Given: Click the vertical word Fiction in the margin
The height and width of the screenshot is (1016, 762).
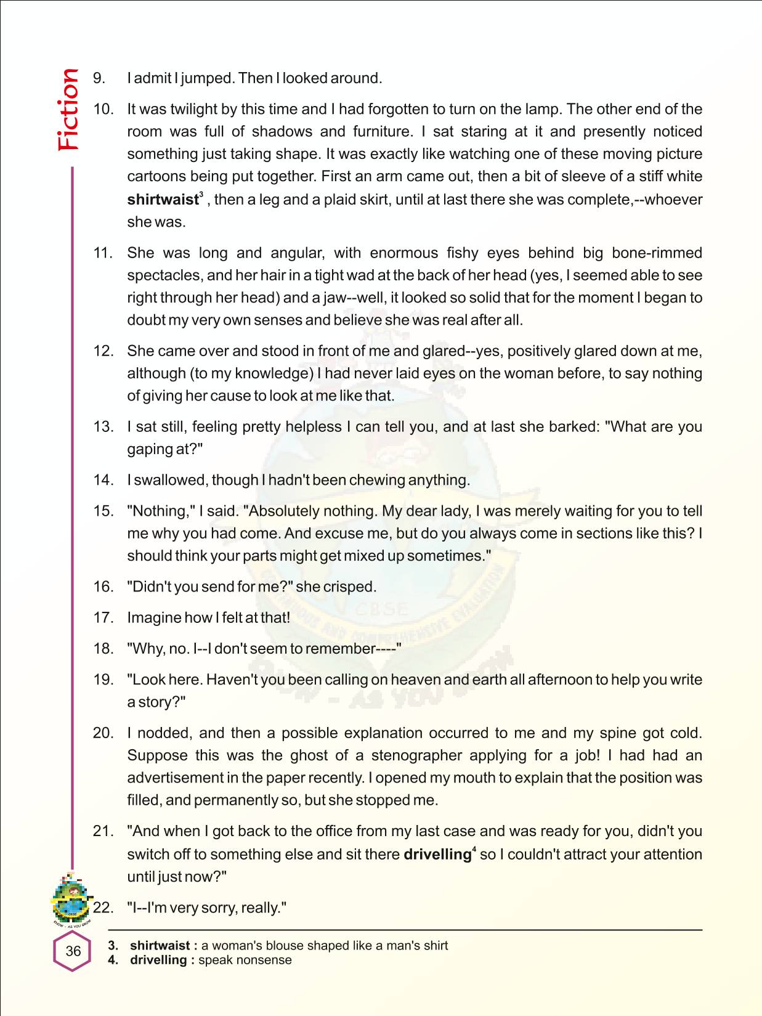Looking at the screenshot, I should [x=68, y=110].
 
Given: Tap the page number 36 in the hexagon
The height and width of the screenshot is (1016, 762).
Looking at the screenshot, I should [x=73, y=951].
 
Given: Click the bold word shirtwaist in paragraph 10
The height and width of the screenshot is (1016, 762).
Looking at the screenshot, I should [x=163, y=200].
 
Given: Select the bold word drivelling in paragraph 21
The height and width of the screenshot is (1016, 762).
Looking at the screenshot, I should [x=437, y=855].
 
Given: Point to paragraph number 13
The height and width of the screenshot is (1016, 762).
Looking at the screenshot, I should [x=103, y=426].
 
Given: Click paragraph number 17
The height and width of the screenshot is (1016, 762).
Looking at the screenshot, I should [x=103, y=617].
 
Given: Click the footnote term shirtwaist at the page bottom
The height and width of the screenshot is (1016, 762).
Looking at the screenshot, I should [x=160, y=945].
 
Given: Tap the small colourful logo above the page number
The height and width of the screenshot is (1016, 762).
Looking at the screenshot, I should [x=71, y=896].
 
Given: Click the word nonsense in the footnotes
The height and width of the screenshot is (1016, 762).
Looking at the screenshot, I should [x=264, y=960].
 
